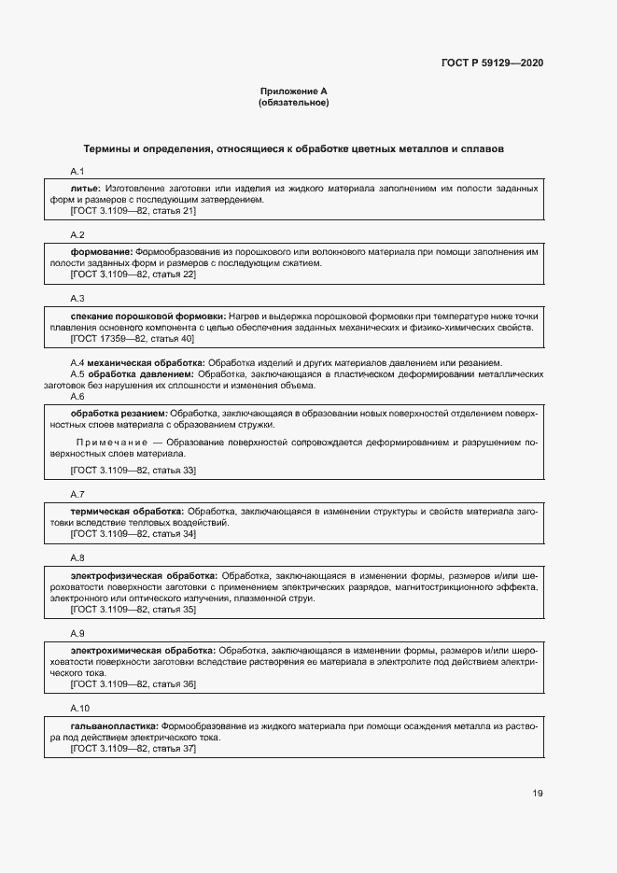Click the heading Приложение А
coord(293,92)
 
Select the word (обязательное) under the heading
coord(293,103)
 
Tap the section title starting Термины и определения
coord(294,149)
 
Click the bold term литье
coord(85,189)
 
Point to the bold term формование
coord(102,252)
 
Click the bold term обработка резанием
coord(119,413)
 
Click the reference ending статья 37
coord(133,748)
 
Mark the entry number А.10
coord(80,709)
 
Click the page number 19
coord(538,794)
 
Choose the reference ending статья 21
coord(133,211)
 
